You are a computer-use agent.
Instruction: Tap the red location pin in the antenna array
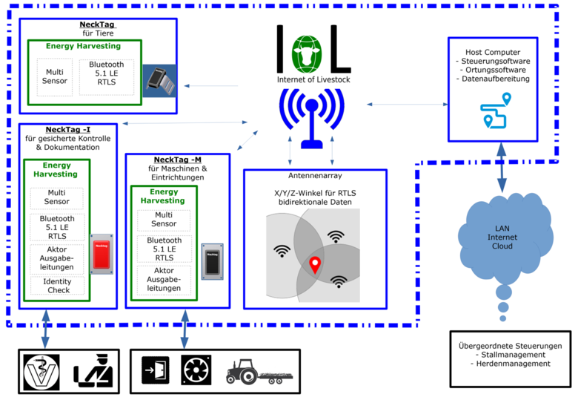pyautogui.click(x=316, y=264)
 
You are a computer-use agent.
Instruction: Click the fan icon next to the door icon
pyautogui.click(x=195, y=368)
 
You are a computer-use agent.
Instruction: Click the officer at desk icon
pyautogui.click(x=91, y=368)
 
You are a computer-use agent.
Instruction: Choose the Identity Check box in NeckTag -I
pyautogui.click(x=56, y=285)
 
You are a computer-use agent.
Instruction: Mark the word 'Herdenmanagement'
pyautogui.click(x=514, y=364)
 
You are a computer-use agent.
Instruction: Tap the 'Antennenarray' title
pyautogui.click(x=314, y=176)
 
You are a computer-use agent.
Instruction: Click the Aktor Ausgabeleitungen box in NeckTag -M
pyautogui.click(x=164, y=279)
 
